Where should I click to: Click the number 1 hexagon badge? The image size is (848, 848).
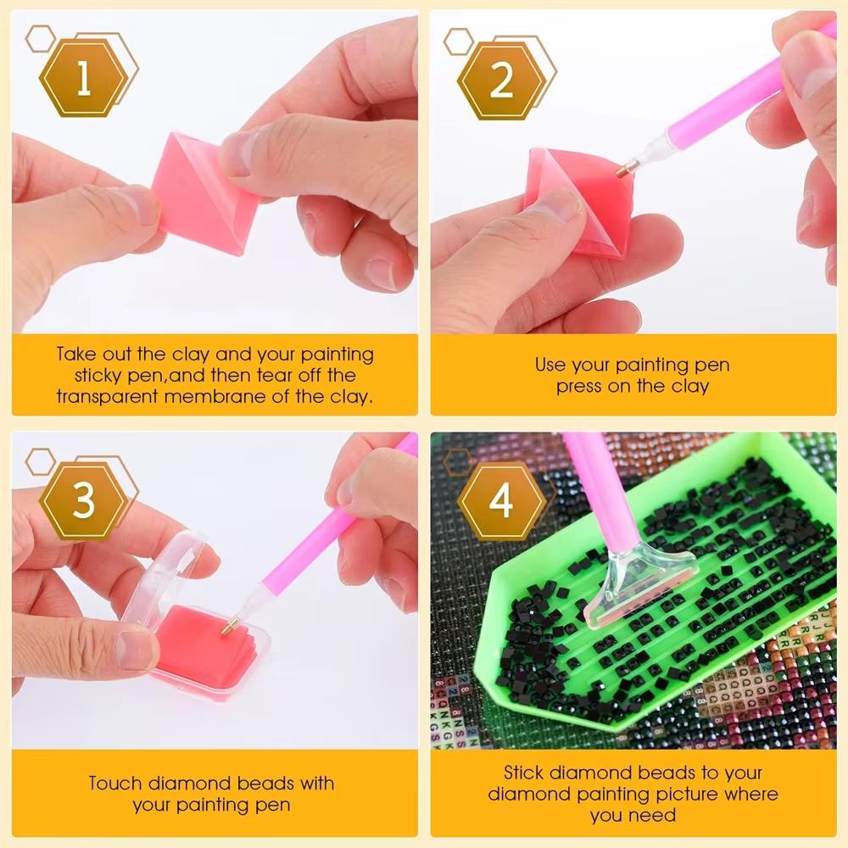click(x=82, y=81)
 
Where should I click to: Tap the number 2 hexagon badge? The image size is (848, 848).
click(x=501, y=81)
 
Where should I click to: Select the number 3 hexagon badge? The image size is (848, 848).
click(x=82, y=500)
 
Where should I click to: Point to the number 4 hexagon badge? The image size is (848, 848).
click(x=501, y=500)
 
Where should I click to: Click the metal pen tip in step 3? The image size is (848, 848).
click(x=228, y=628)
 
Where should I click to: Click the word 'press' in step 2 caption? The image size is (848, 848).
click(x=580, y=387)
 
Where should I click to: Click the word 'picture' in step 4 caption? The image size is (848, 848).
click(x=680, y=795)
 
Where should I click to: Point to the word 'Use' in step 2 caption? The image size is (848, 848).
click(x=550, y=365)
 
